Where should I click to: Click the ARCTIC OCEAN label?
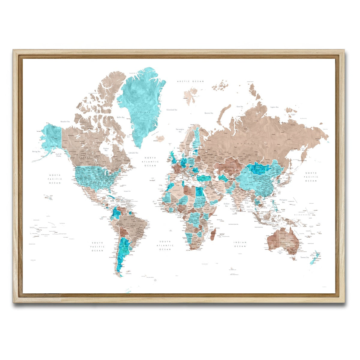(190, 81)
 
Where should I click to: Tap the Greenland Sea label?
(172, 110)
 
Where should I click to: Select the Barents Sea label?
(208, 113)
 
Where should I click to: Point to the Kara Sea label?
(239, 106)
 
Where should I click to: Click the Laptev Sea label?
(274, 107)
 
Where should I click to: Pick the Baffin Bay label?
(121, 117)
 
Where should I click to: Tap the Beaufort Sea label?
(65, 121)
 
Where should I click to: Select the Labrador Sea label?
(133, 153)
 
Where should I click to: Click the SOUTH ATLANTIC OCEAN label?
(165, 245)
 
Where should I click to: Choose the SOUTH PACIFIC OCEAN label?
(97, 247)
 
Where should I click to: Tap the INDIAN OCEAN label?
(240, 244)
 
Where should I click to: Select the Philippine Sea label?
(283, 201)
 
